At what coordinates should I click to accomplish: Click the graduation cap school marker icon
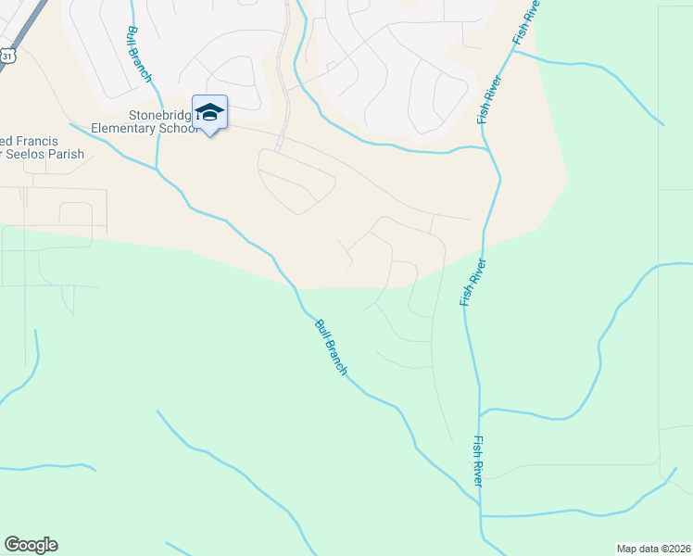(x=210, y=112)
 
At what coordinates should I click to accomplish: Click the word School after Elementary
(x=182, y=129)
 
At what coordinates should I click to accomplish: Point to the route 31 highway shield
(x=7, y=56)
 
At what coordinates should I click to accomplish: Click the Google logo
(x=31, y=545)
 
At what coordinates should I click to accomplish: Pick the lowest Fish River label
(x=478, y=461)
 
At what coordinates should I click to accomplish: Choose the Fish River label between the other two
(x=472, y=283)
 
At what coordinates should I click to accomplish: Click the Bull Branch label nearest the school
(x=140, y=55)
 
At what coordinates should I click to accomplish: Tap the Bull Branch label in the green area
(x=331, y=347)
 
